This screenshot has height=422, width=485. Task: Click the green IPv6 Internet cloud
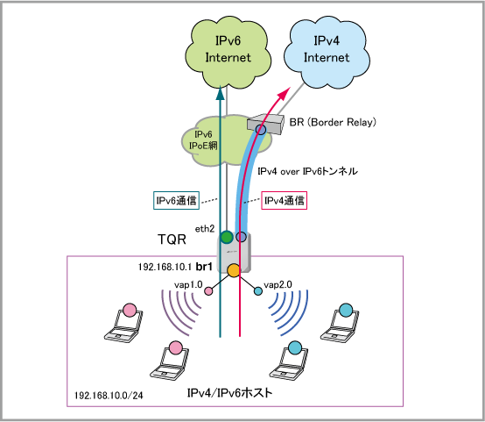point(228,52)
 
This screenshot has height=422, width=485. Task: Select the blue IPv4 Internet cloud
point(327,52)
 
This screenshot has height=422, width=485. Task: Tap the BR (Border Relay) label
point(333,122)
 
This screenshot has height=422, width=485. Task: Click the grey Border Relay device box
point(265,124)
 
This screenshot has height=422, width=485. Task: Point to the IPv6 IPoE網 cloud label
point(203,139)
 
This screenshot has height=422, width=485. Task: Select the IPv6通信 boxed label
point(176,201)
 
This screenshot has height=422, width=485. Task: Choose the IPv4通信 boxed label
point(284,201)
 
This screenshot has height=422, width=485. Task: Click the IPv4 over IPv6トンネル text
point(307,171)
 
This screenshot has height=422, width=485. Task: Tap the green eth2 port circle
point(227,237)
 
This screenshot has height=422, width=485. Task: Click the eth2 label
point(205,229)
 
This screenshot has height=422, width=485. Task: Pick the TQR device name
point(172,240)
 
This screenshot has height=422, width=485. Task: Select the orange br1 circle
point(234,270)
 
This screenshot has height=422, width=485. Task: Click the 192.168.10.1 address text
point(165,267)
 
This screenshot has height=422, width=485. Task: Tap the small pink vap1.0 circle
point(208,291)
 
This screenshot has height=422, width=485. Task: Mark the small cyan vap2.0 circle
point(258,291)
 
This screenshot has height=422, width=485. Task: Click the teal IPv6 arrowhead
point(220,93)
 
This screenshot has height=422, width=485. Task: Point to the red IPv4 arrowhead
point(284,94)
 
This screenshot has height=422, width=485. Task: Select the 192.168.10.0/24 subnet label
point(109,396)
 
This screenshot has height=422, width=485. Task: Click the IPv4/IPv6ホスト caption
point(229,393)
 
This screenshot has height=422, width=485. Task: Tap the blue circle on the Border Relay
point(261,130)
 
